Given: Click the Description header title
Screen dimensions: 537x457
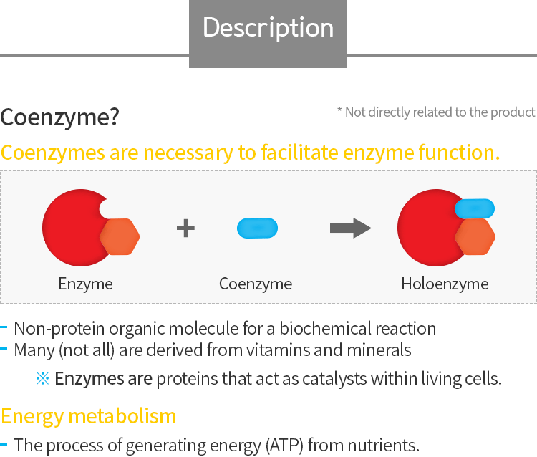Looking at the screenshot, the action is coord(268,27).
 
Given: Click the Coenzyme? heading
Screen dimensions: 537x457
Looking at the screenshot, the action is coord(59,117).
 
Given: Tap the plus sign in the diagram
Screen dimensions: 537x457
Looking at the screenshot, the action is coord(185,228).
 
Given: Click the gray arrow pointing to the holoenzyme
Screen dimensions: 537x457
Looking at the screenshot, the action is coord(350,228).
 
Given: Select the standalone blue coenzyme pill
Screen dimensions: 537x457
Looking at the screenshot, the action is coord(257,228).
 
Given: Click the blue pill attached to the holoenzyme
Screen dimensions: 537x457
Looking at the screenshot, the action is coord(475,208).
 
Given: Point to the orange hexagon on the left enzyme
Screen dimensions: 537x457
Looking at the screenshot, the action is coord(120,236).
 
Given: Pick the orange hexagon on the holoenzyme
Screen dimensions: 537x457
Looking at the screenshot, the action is coord(475,236).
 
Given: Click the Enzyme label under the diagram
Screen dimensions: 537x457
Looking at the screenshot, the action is coord(85,284).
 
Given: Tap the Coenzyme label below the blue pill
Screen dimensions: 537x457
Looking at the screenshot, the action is coord(256,284).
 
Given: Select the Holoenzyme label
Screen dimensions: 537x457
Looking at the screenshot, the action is coord(445,284).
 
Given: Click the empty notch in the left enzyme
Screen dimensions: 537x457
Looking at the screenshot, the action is coord(105,208).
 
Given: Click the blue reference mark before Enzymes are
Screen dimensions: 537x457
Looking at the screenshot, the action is coord(42,378).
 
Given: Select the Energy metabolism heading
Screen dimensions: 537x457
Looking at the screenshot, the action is coord(88,417).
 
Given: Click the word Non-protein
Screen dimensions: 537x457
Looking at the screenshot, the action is coord(59,329).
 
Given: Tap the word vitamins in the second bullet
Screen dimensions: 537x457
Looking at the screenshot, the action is coord(278,350).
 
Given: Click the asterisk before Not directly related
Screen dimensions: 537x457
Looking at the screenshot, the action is coord(339,110).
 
